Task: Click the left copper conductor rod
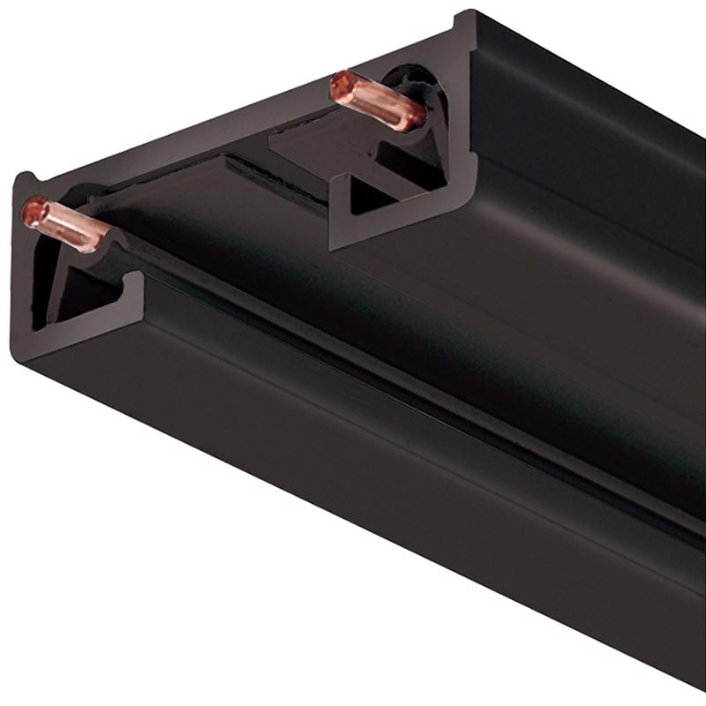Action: point(66,224)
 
